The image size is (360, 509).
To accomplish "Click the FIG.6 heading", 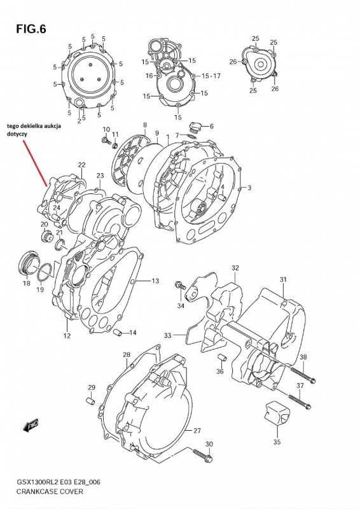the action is [31, 29].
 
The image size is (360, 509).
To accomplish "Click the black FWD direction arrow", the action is [31, 425].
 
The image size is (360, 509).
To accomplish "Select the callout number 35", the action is [277, 442].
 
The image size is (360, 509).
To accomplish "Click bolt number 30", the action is [202, 454].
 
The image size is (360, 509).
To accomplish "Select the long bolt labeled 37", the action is [298, 400].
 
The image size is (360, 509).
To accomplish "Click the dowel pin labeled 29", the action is [90, 400].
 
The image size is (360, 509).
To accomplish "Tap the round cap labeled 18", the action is [29, 261].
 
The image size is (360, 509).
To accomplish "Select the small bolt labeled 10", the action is [105, 140].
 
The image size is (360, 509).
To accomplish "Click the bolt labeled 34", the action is [180, 285].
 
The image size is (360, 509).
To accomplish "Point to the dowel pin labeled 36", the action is [222, 357].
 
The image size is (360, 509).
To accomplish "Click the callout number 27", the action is [197, 431].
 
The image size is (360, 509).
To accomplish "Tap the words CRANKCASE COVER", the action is [50, 491].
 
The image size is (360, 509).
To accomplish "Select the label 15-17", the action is [211, 76].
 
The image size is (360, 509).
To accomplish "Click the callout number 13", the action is [155, 281].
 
